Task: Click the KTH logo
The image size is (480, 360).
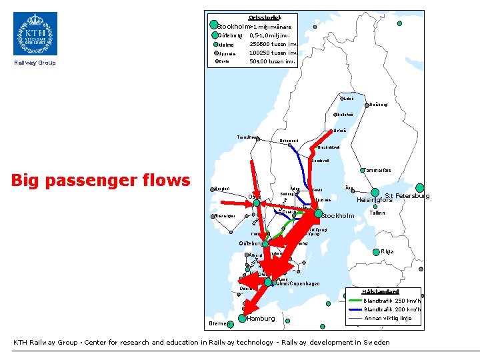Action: tap(35, 33)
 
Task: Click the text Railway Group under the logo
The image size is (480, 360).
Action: tap(35, 63)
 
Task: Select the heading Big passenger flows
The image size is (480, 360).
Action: tap(101, 180)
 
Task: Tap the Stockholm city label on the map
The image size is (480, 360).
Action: tap(337, 216)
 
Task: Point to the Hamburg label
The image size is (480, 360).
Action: tap(261, 319)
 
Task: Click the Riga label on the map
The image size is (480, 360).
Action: tap(387, 251)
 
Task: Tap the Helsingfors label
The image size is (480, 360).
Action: tap(376, 199)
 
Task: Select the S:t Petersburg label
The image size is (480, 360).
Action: tap(407, 196)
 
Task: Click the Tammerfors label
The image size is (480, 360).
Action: tap(377, 170)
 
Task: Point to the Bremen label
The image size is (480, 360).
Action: tap(217, 323)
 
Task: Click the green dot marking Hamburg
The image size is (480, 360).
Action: tap(241, 319)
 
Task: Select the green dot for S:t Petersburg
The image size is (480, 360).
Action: tap(419, 188)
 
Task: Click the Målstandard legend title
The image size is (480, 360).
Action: tap(380, 291)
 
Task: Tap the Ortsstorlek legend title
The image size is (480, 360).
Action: tap(265, 17)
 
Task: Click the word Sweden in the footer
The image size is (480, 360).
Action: tap(376, 342)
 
